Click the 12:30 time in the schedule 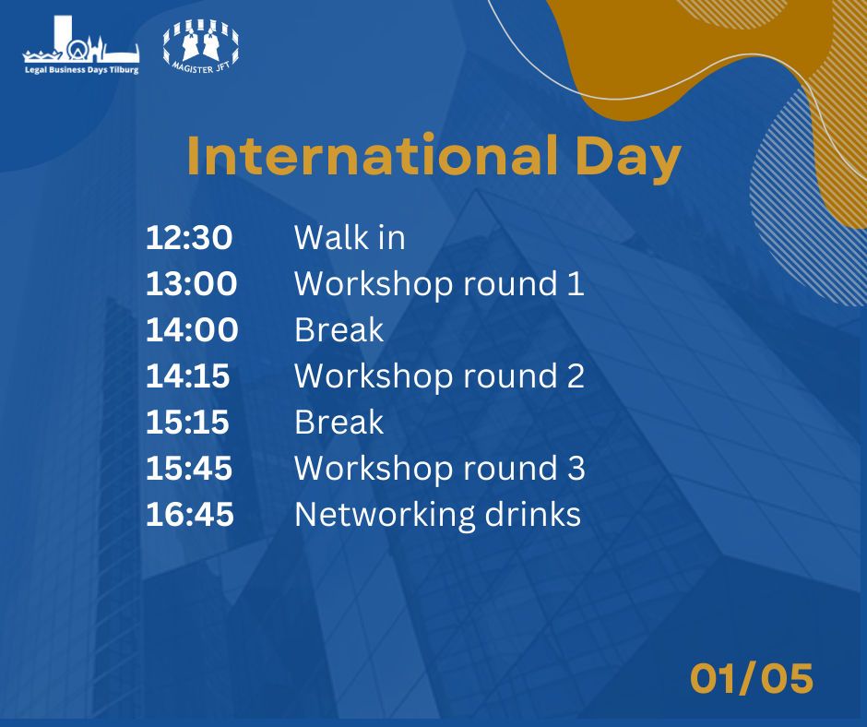click(189, 238)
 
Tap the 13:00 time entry click(191, 284)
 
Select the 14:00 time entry click(192, 329)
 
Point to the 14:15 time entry click(187, 376)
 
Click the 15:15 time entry click(187, 423)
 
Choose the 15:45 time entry click(189, 469)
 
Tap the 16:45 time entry click(190, 515)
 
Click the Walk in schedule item click(350, 238)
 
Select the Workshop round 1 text click(439, 284)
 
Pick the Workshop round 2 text click(439, 376)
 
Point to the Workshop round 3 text click(440, 469)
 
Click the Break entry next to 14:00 click(338, 329)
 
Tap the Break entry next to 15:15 click(338, 423)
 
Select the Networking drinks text click(437, 516)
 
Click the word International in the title click(373, 156)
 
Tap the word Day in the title click(628, 159)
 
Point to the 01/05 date click(752, 678)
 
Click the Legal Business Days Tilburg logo click(81, 44)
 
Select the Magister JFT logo click(201, 46)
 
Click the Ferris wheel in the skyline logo click(77, 49)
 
